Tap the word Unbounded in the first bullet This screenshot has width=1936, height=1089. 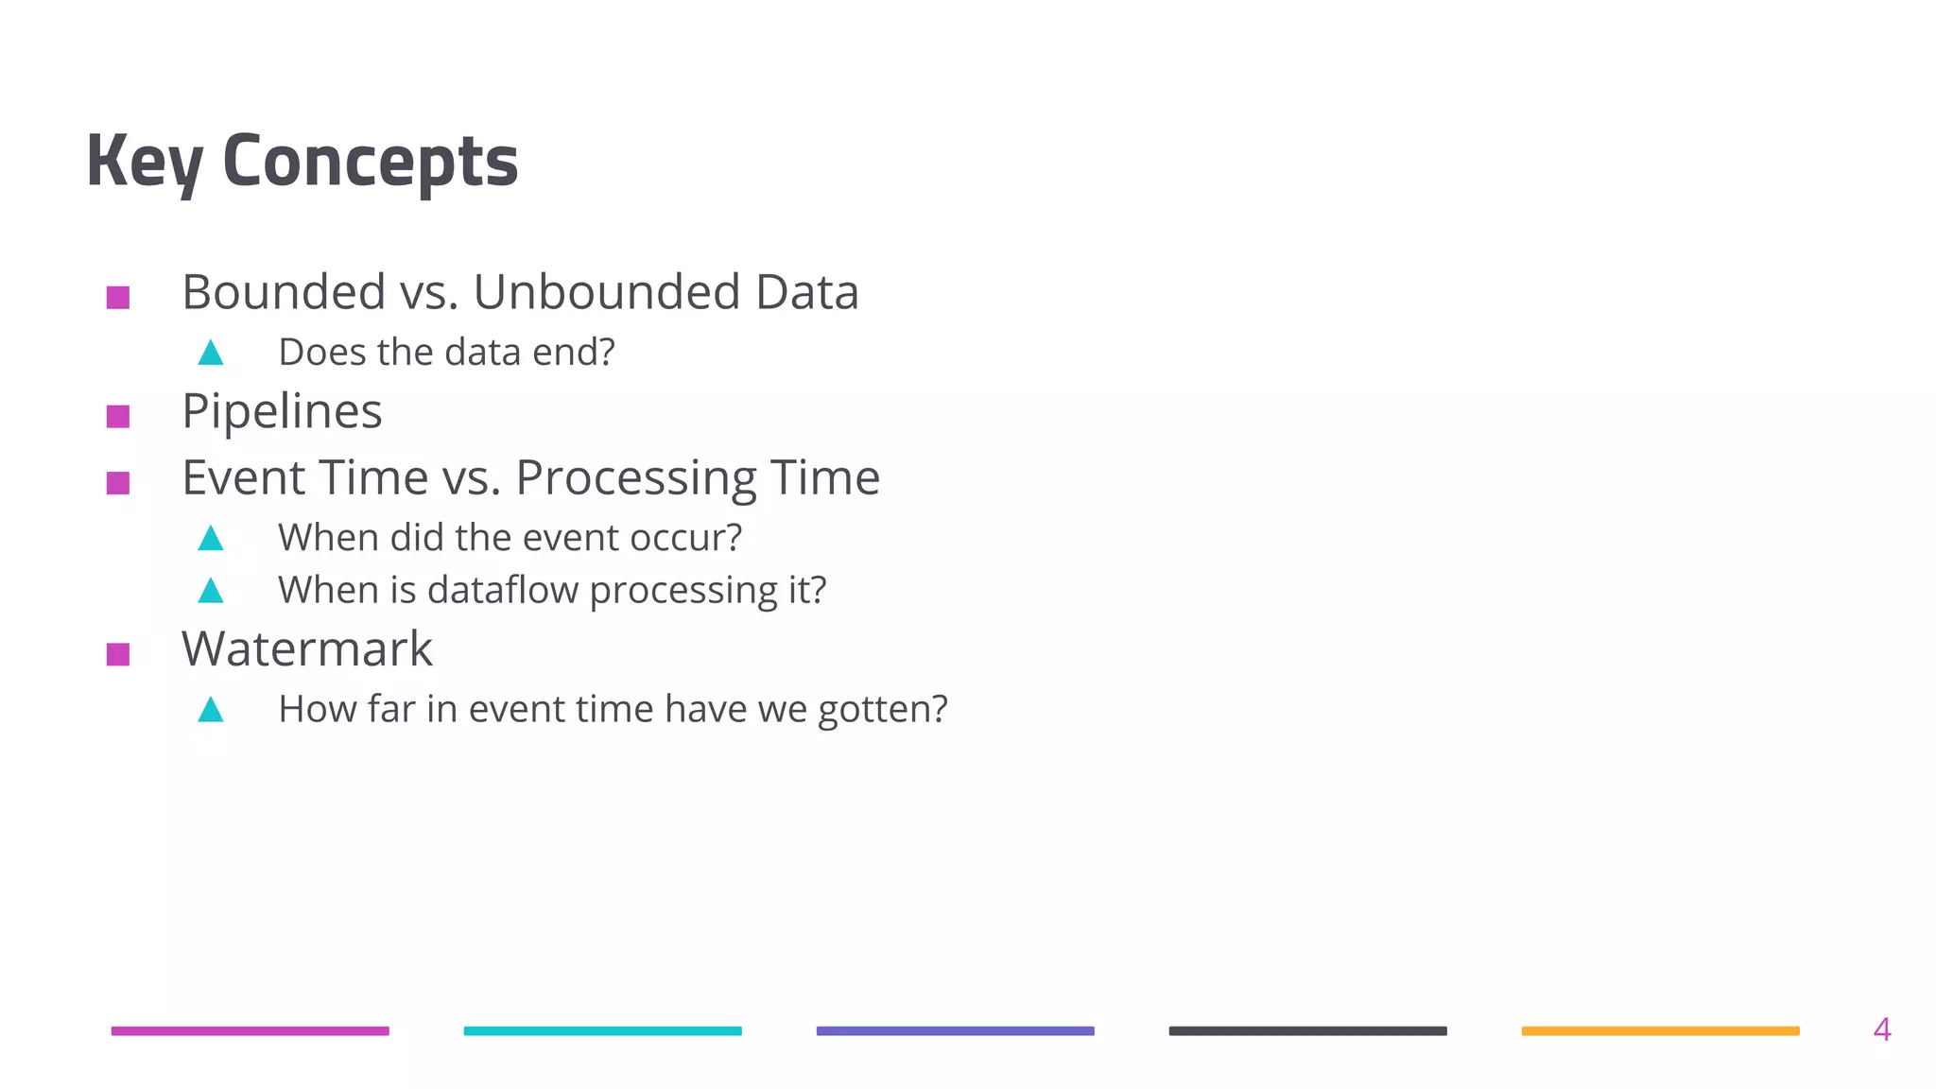[606, 291]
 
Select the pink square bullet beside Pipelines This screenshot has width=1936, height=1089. [118, 416]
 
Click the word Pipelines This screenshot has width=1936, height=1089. [282, 412]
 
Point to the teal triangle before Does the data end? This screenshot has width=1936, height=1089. [211, 354]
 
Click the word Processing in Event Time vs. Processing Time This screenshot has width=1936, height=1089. [636, 478]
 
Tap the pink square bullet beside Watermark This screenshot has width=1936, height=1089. [118, 654]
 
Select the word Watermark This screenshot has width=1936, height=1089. [306, 649]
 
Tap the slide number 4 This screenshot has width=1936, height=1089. [1881, 1029]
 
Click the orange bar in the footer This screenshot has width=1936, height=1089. [1660, 1031]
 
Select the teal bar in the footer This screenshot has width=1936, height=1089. [602, 1031]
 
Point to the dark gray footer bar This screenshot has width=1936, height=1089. [1307, 1031]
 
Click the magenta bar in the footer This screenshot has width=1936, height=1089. [250, 1031]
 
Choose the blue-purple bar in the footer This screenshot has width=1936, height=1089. [955, 1031]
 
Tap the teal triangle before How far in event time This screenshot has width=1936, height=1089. [211, 710]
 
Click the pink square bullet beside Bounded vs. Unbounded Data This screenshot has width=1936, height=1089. [118, 298]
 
